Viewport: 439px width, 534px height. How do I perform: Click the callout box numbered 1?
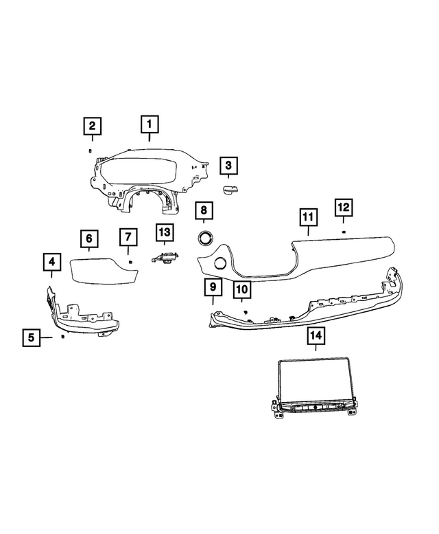(150, 124)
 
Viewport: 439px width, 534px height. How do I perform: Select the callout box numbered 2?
(93, 126)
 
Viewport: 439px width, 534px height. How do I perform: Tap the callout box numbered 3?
(228, 166)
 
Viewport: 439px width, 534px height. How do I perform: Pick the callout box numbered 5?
(32, 337)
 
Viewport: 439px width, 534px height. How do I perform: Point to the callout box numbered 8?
(204, 210)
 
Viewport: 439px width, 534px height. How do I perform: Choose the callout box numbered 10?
(242, 289)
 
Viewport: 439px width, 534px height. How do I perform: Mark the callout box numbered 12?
(343, 208)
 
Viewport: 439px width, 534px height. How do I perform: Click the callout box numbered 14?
(316, 336)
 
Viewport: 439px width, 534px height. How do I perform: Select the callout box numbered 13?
(165, 232)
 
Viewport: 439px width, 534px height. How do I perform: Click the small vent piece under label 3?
(230, 190)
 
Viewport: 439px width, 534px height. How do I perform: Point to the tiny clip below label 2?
(90, 151)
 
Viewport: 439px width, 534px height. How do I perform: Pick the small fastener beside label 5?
(62, 337)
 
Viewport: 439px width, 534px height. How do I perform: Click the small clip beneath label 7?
(130, 262)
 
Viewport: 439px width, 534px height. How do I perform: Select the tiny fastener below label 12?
(344, 232)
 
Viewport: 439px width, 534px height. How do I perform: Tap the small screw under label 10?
(246, 312)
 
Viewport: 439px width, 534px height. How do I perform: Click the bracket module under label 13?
(165, 257)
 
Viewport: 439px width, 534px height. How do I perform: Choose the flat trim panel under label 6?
(104, 271)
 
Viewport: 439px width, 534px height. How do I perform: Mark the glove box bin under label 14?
(314, 387)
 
